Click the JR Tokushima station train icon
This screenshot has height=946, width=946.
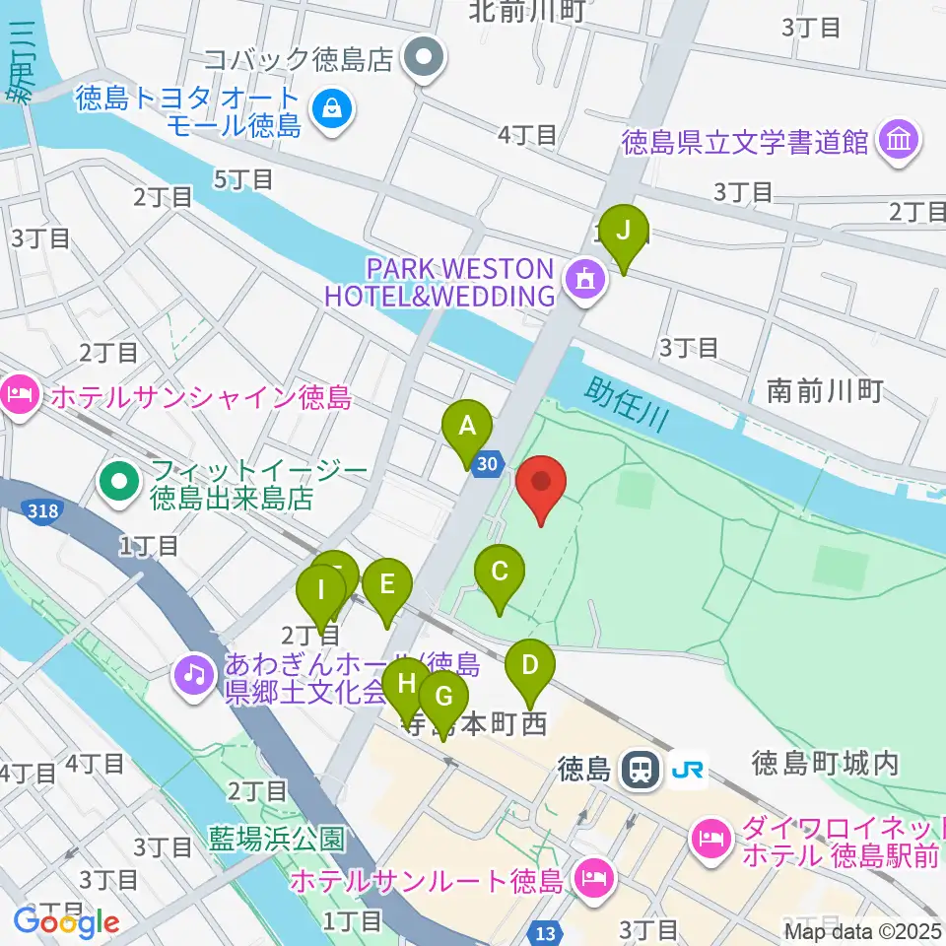point(642,770)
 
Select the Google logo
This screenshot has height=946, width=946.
point(66,922)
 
